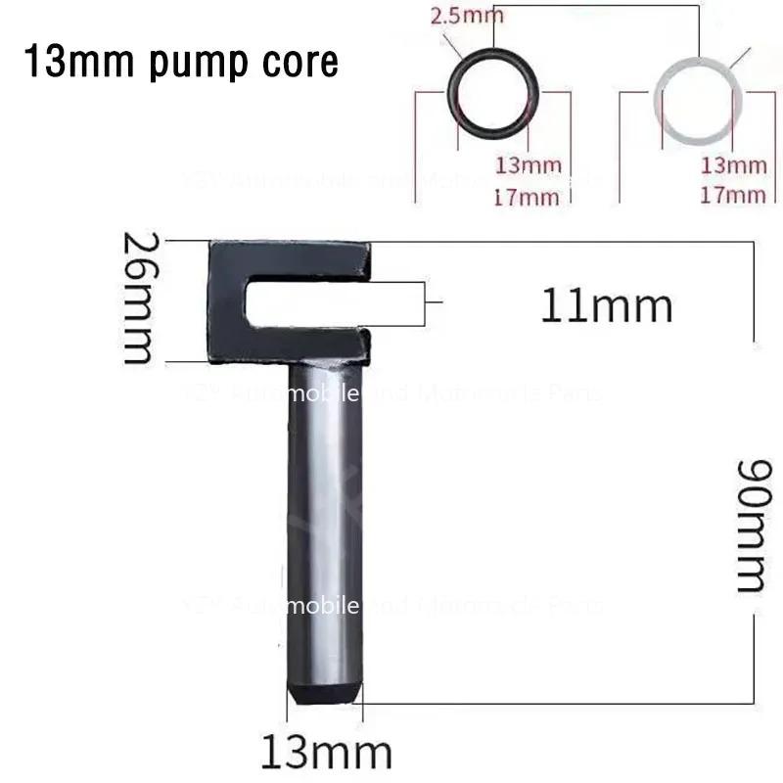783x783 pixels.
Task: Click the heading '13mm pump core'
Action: point(181,62)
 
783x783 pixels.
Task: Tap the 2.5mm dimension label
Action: point(467,15)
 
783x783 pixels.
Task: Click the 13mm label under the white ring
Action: point(734,164)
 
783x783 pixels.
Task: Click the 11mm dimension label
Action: point(607,307)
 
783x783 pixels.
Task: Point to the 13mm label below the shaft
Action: point(326,753)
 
